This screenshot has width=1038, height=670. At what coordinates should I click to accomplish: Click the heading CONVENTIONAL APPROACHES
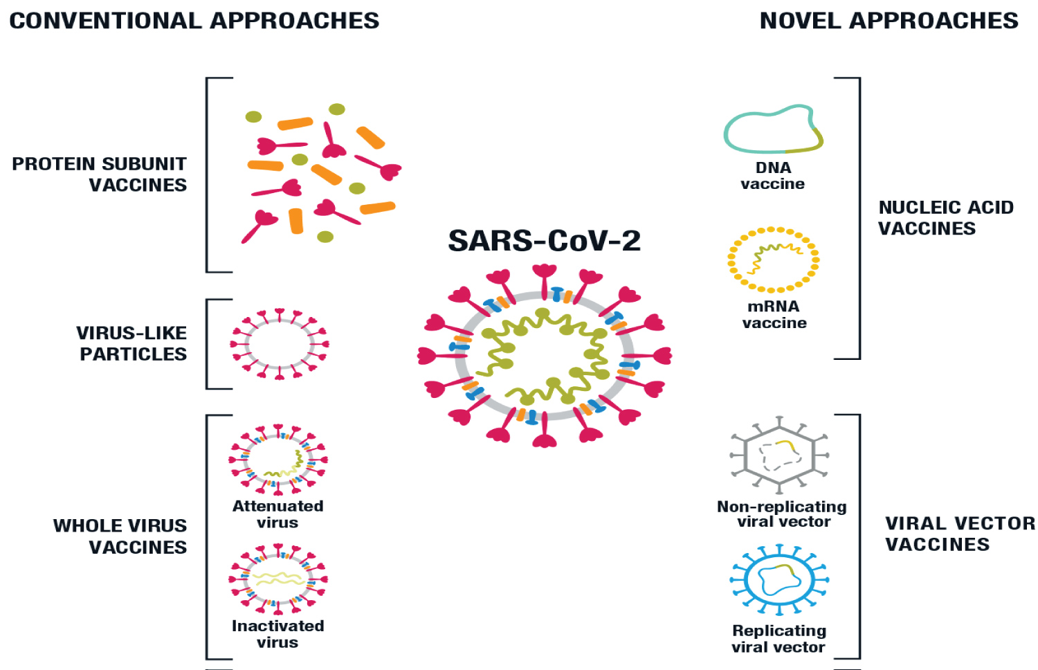click(x=194, y=21)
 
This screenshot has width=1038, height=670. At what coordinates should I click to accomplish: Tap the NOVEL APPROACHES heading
click(x=889, y=21)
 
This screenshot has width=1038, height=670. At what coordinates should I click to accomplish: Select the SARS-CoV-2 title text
click(x=545, y=241)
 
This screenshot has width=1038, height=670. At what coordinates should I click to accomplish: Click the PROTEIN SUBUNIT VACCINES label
click(x=100, y=174)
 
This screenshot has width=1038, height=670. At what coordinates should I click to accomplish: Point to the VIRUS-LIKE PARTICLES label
click(x=132, y=343)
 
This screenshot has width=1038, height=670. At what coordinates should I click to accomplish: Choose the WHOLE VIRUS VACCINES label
click(x=120, y=536)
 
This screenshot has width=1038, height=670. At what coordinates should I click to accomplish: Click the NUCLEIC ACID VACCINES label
click(x=945, y=217)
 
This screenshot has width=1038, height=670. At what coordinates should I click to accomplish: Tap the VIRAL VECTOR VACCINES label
click(x=960, y=534)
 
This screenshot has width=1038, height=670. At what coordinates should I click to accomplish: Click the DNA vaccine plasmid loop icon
click(x=773, y=129)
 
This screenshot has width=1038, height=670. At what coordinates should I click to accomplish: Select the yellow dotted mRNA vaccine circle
click(x=773, y=260)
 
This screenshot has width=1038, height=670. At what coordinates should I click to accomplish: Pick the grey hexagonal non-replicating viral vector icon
click(x=779, y=455)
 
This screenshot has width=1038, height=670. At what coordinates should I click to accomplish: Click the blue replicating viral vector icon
click(x=779, y=580)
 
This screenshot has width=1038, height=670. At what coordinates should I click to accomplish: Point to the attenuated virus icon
click(x=278, y=460)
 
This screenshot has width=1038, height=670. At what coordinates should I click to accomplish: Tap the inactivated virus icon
click(x=278, y=579)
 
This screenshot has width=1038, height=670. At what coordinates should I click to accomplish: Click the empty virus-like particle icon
click(x=280, y=344)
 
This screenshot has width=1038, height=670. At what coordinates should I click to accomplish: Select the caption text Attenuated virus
click(x=278, y=514)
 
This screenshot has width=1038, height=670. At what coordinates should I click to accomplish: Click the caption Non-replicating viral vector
click(x=782, y=514)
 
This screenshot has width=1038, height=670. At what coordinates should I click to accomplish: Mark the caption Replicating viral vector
click(x=779, y=639)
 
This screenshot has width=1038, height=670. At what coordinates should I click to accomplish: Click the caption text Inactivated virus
click(x=278, y=634)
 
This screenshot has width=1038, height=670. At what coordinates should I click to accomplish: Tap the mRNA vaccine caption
click(x=774, y=315)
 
